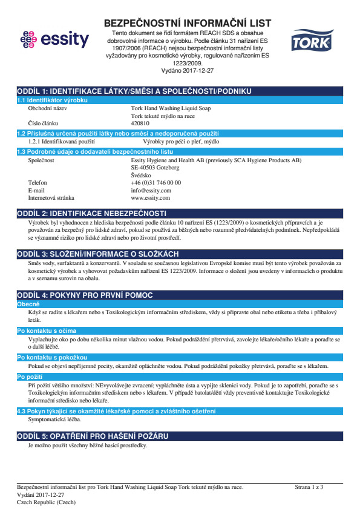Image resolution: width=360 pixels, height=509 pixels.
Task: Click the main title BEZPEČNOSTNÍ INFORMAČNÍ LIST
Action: (x=187, y=23)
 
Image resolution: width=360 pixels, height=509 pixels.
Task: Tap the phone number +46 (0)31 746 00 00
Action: (x=155, y=182)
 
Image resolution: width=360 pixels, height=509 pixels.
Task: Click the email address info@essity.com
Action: (x=151, y=190)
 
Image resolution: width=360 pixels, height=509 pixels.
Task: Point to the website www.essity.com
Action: (x=150, y=198)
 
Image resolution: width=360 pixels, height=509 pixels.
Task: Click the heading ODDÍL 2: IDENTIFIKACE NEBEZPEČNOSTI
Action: (x=92, y=214)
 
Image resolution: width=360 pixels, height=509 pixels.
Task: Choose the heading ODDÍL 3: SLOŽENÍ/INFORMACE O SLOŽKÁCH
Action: (x=97, y=253)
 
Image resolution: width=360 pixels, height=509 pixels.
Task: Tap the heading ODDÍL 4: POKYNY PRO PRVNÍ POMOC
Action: (x=85, y=295)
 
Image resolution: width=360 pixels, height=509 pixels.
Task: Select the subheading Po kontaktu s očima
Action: (x=47, y=331)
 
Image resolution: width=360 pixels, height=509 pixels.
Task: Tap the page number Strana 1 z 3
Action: (x=309, y=487)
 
